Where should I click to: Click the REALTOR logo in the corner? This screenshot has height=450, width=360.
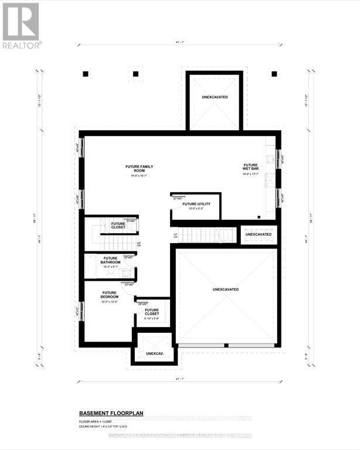pos(21,25)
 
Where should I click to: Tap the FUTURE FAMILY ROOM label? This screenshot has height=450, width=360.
pos(139,170)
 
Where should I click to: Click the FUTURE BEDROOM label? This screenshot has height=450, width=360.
pos(110,295)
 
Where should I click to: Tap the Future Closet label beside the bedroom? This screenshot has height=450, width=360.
pos(152,313)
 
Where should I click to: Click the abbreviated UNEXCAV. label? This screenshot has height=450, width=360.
pos(154,354)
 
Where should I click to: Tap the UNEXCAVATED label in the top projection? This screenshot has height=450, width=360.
pos(215,97)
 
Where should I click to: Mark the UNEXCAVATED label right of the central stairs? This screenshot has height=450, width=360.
pos(259,234)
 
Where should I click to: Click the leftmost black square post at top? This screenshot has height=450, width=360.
pos(86,74)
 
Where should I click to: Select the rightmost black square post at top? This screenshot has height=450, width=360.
pos(274,74)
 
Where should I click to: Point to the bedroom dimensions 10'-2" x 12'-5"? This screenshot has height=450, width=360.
pos(110,302)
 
